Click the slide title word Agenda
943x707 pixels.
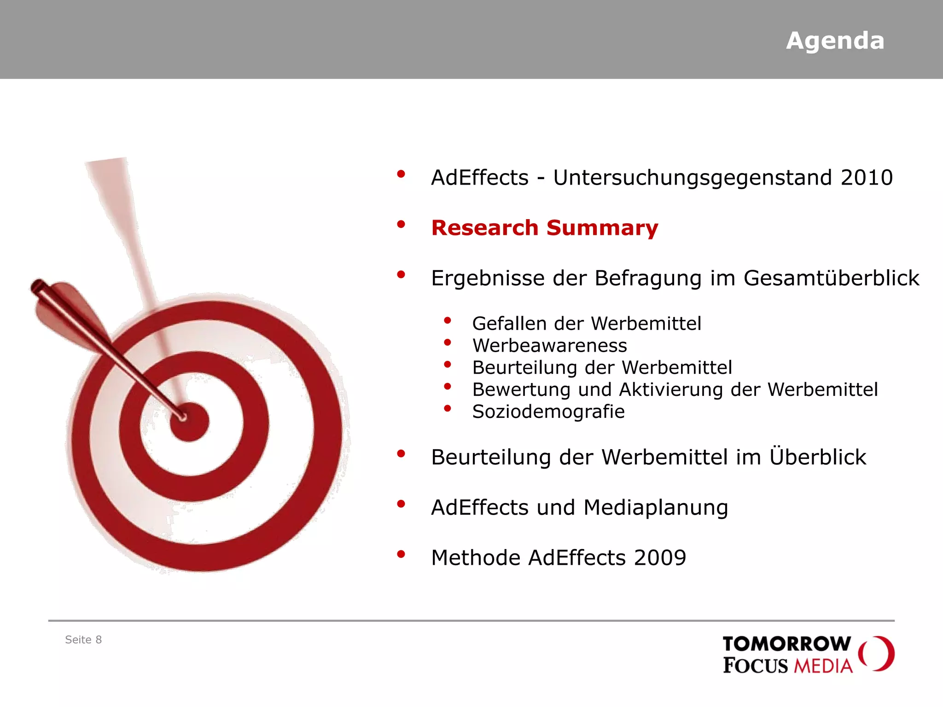835,41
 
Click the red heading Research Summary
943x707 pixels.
544,228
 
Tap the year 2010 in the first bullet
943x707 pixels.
867,178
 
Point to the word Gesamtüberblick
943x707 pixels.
831,278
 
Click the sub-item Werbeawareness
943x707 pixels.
550,345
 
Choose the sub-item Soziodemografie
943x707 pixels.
548,411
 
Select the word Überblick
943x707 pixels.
818,457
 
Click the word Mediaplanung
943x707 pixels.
656,508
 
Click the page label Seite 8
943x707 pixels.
83,639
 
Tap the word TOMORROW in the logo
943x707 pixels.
786,643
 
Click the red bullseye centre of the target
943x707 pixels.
190,422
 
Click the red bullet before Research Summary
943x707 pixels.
401,224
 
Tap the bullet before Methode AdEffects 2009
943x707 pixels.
401,554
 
